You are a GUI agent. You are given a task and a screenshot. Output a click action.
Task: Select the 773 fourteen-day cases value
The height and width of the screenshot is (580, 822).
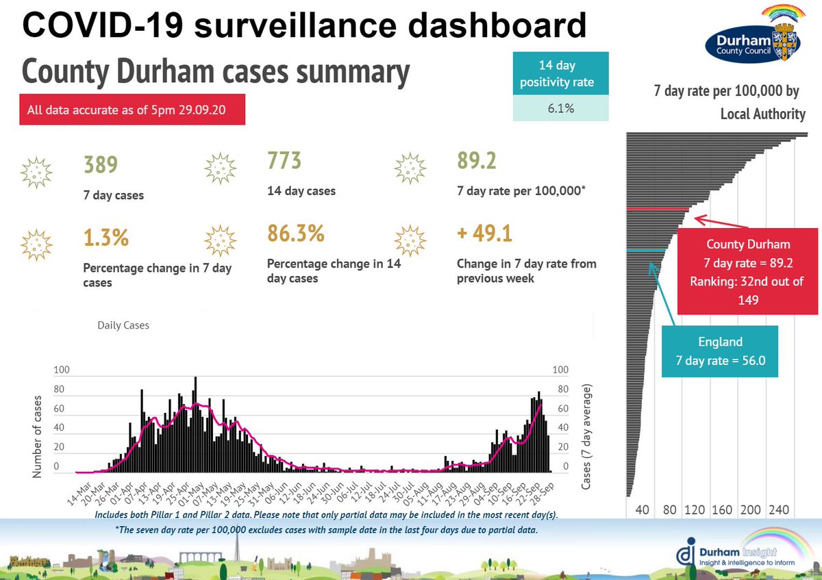tap(284, 161)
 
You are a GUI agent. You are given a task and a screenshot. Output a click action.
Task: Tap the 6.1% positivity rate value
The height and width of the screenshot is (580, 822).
tap(560, 108)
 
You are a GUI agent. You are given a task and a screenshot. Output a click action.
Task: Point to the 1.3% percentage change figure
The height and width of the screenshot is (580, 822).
tap(105, 239)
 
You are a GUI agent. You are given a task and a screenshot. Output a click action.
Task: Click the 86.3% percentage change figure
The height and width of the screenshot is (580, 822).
tap(295, 234)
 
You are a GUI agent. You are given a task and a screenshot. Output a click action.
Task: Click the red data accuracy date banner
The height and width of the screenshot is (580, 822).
tap(132, 110)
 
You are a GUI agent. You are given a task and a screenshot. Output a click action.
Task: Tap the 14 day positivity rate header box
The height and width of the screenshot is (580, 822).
tap(560, 75)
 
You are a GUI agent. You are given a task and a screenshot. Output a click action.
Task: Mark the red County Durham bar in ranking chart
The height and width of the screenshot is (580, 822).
tap(658, 208)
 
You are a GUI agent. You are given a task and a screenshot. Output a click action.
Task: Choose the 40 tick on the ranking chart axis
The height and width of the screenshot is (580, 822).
tap(642, 510)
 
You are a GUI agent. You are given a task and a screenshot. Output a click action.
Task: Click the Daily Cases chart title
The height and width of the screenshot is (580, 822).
tap(123, 325)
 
